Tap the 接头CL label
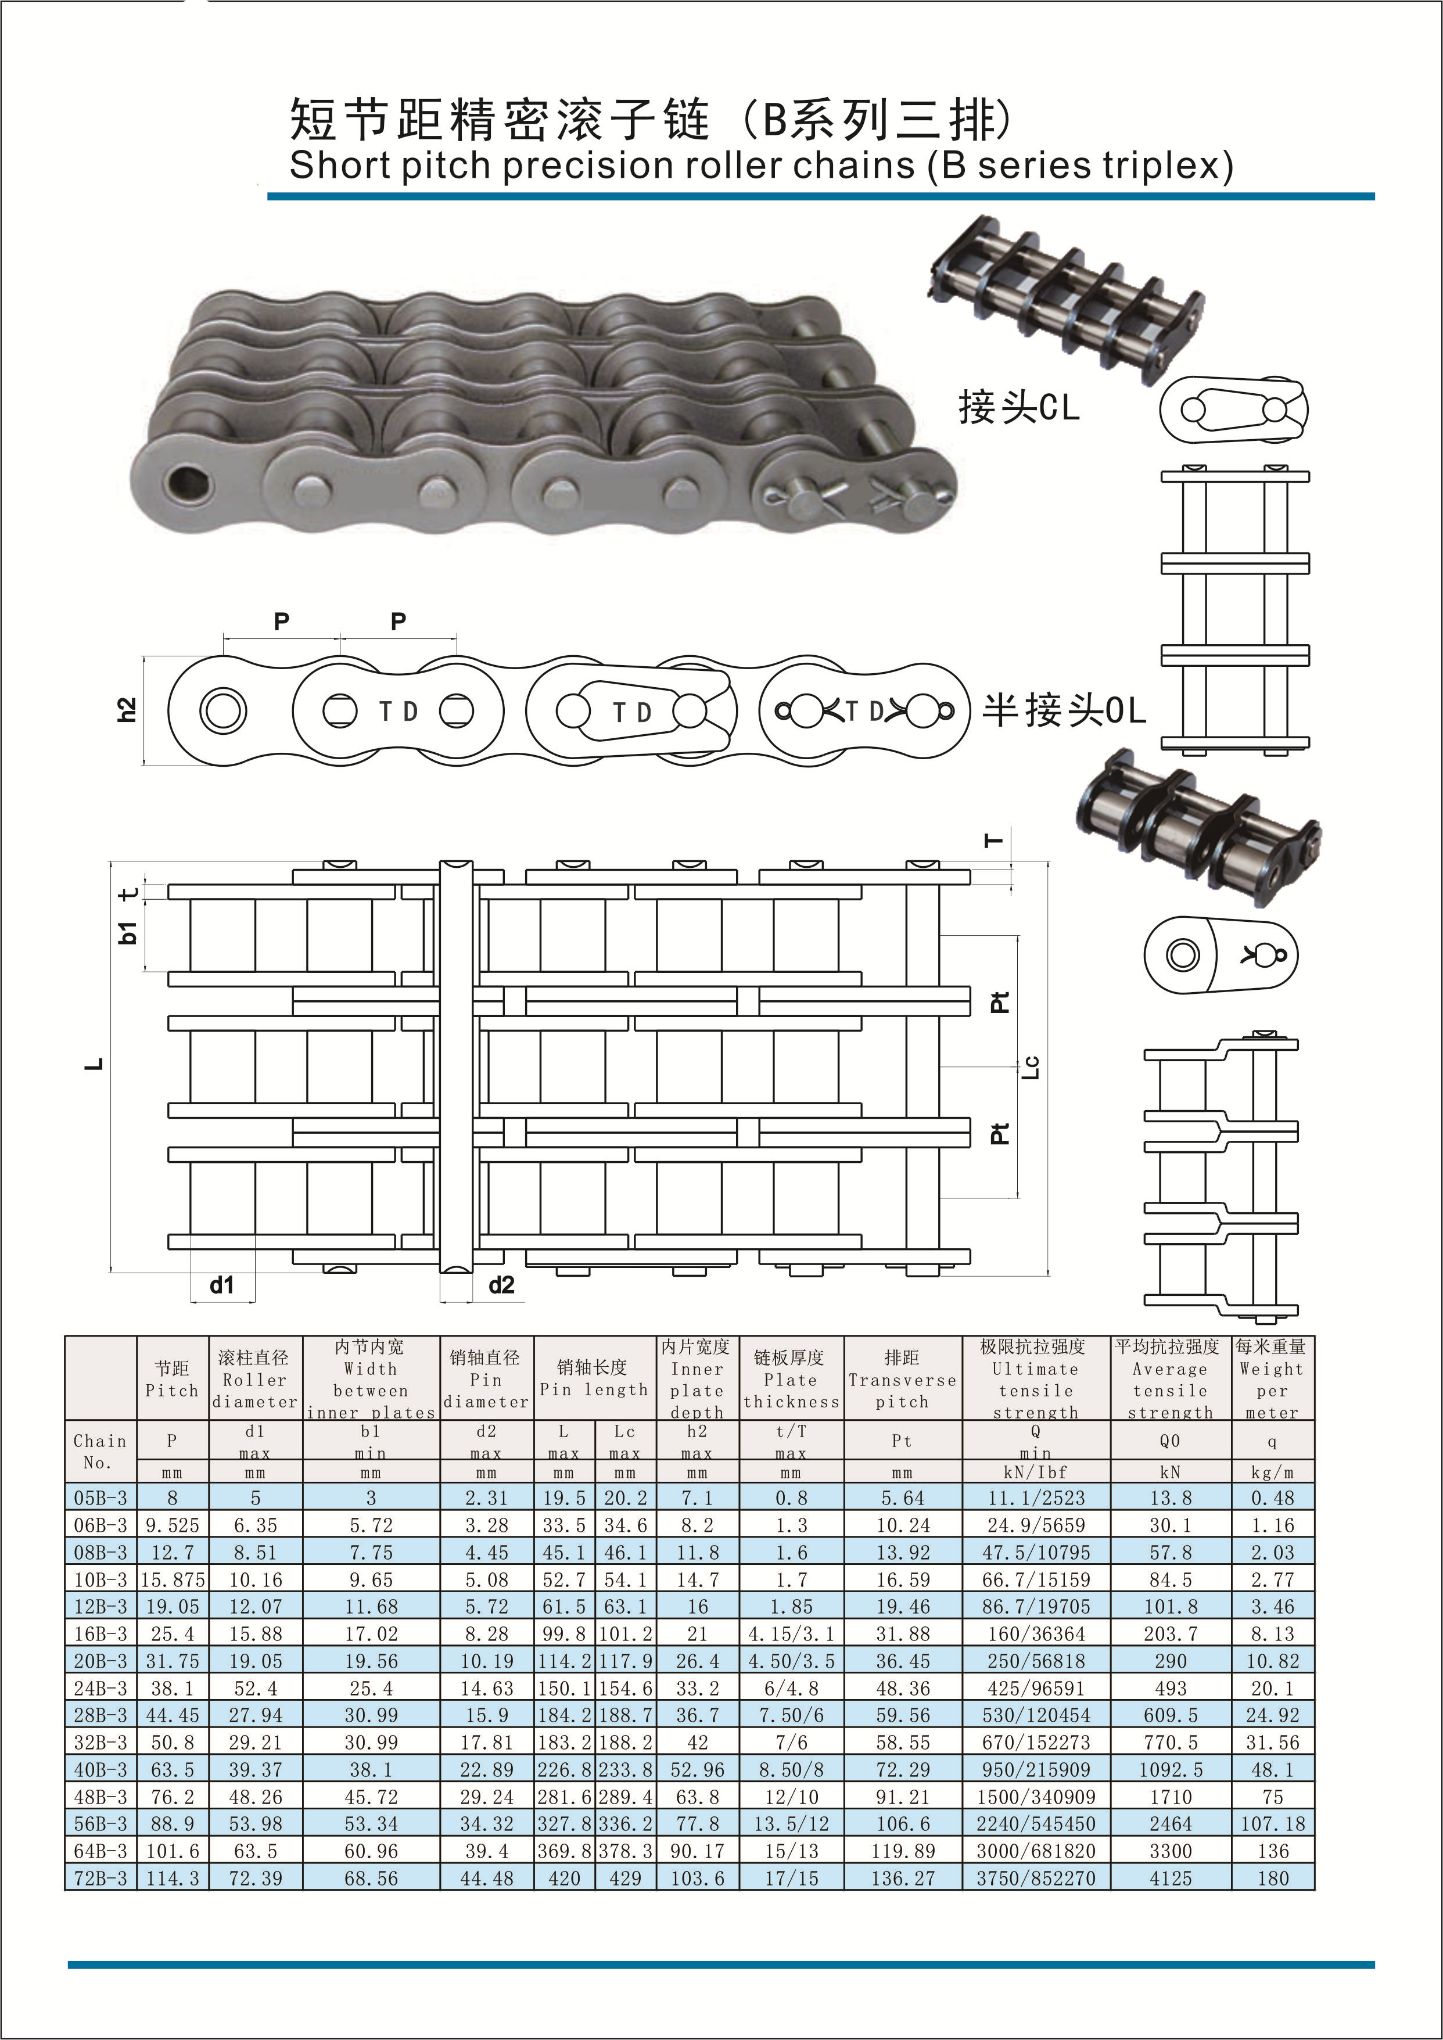(1018, 407)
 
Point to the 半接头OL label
(1064, 711)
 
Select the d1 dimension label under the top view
(221, 1285)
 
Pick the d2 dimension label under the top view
(501, 1285)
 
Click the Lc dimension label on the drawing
(1031, 1066)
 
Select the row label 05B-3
(100, 1498)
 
